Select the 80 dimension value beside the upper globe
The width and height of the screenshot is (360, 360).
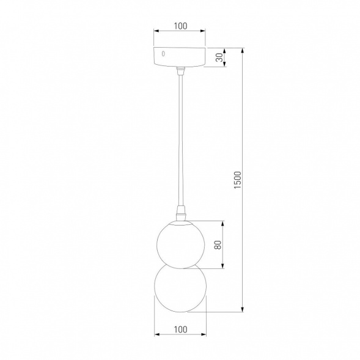[x=217, y=244]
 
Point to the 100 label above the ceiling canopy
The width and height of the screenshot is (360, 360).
[x=180, y=26]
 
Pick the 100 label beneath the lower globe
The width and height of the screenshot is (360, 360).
[x=180, y=329]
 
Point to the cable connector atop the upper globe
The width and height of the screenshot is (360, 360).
[x=180, y=214]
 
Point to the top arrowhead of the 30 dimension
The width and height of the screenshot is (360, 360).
[x=225, y=50]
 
